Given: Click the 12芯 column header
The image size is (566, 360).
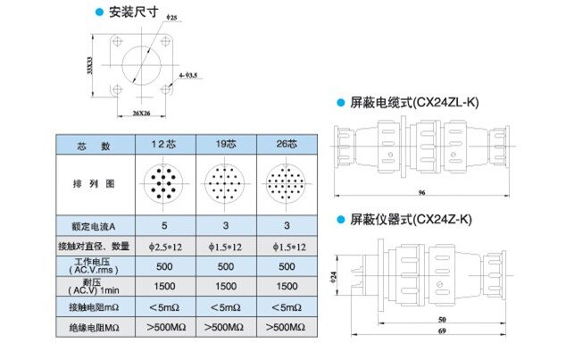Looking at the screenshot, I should [163, 146].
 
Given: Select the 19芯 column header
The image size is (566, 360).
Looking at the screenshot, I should [226, 146].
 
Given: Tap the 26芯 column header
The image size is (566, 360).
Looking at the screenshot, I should [287, 146].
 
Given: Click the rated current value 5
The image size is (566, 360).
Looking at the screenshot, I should [163, 226].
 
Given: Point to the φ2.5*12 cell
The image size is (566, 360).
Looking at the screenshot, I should [163, 246].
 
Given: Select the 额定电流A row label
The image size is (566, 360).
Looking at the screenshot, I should [95, 226].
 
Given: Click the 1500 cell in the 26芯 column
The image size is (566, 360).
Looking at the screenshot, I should [287, 287].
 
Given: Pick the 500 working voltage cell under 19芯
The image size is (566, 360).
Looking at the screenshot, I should [226, 266].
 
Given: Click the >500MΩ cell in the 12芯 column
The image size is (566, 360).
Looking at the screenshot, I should [163, 328].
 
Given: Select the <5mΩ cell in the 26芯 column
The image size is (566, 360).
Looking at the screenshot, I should [287, 307].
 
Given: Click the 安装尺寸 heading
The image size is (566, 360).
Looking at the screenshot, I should [133, 13].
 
